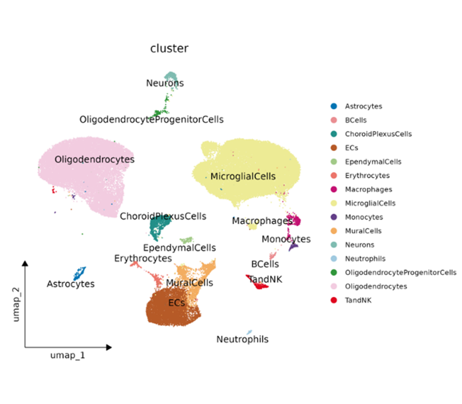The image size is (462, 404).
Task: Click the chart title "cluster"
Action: point(169,49)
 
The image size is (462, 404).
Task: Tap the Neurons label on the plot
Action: point(165,84)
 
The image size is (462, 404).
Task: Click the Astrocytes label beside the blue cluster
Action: point(71,284)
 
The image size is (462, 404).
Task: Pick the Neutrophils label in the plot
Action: point(242,339)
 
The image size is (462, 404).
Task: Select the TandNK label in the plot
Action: point(265,279)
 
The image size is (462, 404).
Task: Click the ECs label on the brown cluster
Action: point(177,303)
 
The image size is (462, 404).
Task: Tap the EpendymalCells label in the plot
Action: point(179,248)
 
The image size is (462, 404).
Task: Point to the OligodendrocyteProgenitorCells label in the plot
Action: point(152,120)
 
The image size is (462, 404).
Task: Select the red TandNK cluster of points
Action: point(259,285)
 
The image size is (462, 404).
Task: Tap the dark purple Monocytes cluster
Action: point(293,247)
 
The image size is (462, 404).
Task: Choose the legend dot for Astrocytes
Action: point(334,106)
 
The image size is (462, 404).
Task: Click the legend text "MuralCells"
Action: point(363,231)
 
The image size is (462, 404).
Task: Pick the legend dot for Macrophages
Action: point(334,189)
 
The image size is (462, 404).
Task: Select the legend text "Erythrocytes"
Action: point(367,175)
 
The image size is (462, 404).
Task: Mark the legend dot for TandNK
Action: point(334,300)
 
